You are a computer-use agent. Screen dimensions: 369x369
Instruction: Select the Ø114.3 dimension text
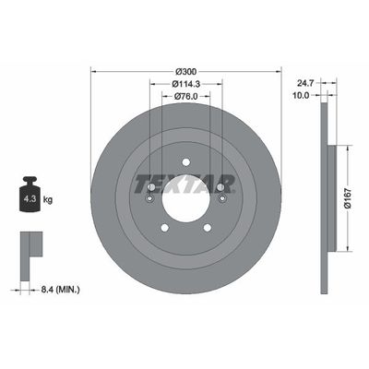[x=186, y=83]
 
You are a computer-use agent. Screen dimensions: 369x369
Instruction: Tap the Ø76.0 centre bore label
[x=186, y=95]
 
